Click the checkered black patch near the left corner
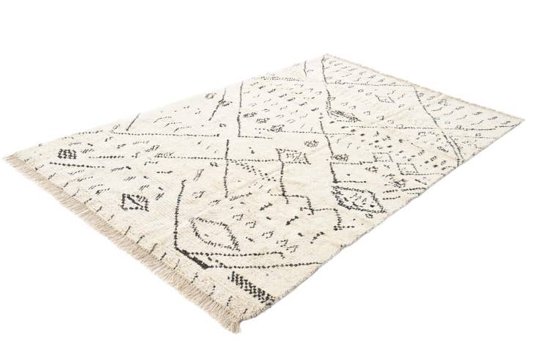click(x=68, y=154)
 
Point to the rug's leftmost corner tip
click(x=7, y=158)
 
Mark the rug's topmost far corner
click(x=325, y=56)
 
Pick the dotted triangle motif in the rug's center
click(x=292, y=155)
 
